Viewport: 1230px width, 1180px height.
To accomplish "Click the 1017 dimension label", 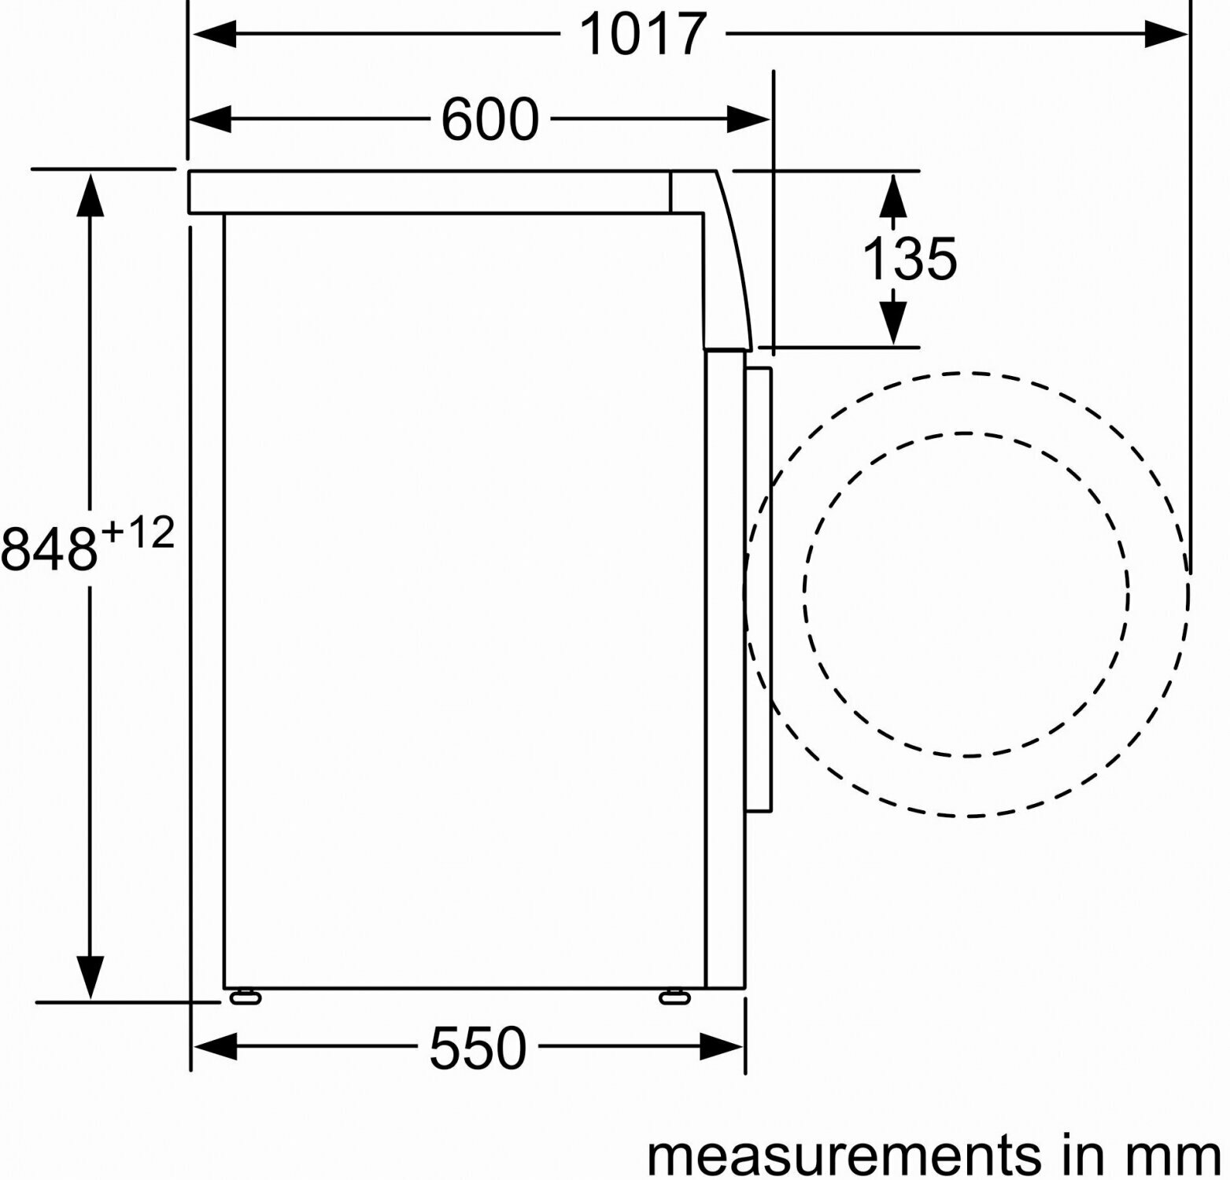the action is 642,35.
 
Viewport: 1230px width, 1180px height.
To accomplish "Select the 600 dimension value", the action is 489,120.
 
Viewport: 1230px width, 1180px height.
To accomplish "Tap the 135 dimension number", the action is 910,258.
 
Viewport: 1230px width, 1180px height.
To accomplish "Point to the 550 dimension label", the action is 478,1048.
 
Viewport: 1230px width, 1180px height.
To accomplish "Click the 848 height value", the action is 50,548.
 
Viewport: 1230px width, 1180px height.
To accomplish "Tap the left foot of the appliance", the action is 246,997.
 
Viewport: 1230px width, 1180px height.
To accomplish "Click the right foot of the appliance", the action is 674,997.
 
